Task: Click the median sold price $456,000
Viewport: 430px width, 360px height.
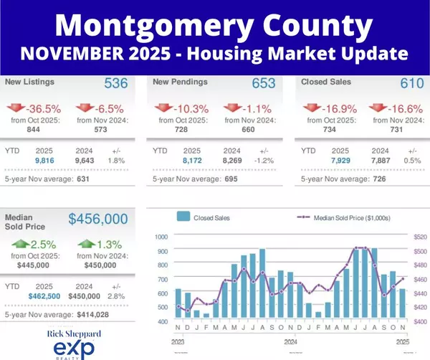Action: (x=98, y=218)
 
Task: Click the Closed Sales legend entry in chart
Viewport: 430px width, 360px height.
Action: (x=202, y=216)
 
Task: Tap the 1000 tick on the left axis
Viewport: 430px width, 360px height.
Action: (x=161, y=236)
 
